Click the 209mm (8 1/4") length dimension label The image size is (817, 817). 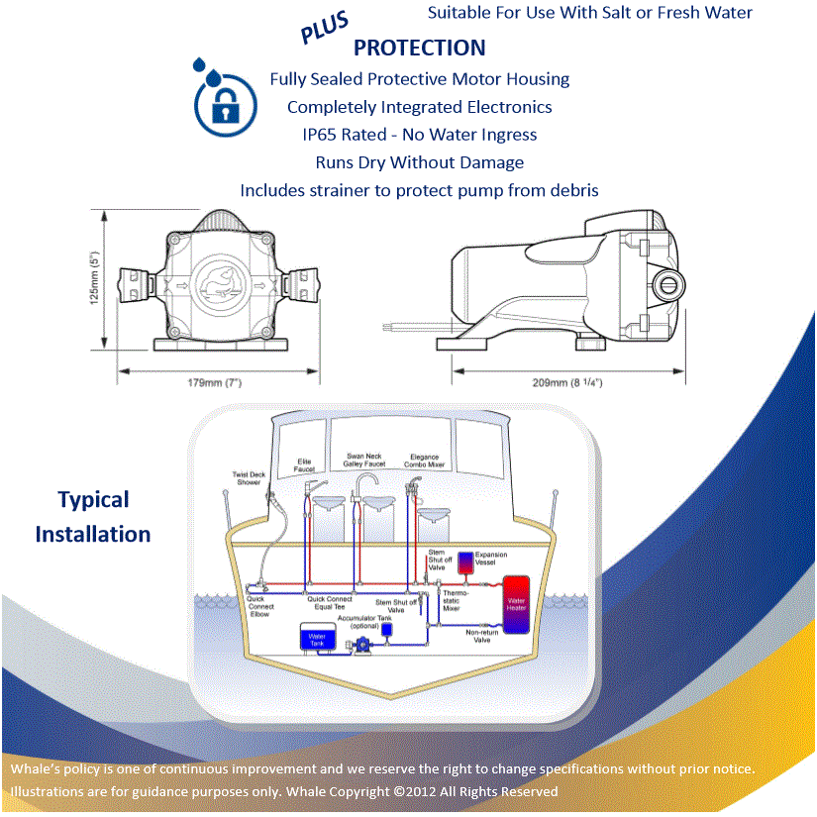click(x=566, y=382)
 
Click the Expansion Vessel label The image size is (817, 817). click(x=491, y=559)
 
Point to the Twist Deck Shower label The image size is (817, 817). click(x=247, y=478)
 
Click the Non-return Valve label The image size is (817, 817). click(x=482, y=637)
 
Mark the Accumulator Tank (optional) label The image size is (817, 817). click(x=357, y=622)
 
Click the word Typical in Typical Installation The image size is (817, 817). click(x=93, y=500)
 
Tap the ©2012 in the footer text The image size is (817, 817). click(x=414, y=791)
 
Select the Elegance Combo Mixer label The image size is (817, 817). click(x=423, y=460)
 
